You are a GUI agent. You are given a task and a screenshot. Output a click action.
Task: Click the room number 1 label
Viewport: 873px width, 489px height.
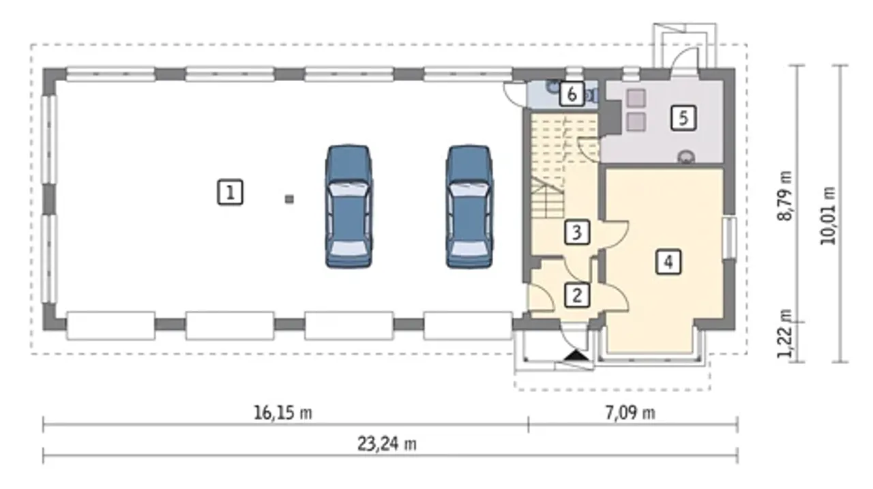click(230, 192)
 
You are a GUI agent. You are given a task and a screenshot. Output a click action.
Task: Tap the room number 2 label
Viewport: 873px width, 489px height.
click(577, 295)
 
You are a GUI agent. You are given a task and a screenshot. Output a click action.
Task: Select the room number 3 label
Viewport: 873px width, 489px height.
click(577, 233)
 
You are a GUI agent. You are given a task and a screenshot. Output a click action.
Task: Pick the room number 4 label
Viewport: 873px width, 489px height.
click(668, 262)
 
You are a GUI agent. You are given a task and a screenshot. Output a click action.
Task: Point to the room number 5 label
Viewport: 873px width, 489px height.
click(683, 118)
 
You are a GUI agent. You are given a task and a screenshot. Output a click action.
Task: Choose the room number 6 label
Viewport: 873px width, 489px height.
click(572, 94)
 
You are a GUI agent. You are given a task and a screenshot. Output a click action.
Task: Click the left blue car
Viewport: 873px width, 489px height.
click(349, 207)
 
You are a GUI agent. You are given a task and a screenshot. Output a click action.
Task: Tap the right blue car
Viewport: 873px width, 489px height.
click(469, 207)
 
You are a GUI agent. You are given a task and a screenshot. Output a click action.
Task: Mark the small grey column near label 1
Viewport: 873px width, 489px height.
click(289, 199)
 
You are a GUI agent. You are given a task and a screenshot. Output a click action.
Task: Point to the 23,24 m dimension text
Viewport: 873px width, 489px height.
click(387, 444)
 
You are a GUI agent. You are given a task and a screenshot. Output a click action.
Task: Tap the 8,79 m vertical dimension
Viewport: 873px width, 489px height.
click(784, 196)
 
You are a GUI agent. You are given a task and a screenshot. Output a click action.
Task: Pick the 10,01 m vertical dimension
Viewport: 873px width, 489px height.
click(828, 216)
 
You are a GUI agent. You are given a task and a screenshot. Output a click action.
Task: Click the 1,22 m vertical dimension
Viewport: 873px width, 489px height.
click(784, 334)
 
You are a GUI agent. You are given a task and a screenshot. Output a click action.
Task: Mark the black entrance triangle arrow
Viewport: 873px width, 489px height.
click(577, 355)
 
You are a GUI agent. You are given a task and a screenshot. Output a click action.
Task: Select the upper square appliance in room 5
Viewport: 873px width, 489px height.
click(636, 98)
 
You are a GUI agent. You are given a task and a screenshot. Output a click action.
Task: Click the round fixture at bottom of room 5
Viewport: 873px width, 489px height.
click(686, 157)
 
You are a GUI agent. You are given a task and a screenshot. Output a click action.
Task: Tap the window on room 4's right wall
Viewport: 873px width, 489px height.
click(730, 238)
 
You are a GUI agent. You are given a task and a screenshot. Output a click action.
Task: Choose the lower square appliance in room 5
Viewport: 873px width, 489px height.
click(636, 121)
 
